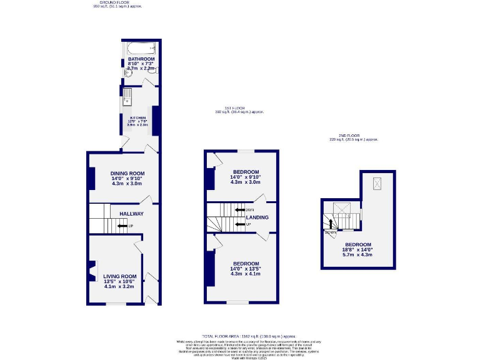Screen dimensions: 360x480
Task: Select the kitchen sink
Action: coord(127,96)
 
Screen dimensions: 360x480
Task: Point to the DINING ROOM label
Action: coord(127,173)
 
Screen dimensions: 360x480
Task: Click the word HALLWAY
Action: coord(131,214)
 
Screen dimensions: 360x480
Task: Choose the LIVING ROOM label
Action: coord(120,276)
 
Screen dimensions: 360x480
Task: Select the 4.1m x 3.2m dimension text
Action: coord(120,287)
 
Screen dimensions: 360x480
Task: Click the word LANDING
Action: coord(258,217)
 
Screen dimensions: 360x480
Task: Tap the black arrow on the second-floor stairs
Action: coord(331,223)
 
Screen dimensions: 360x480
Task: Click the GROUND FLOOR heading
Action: coord(117,2)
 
